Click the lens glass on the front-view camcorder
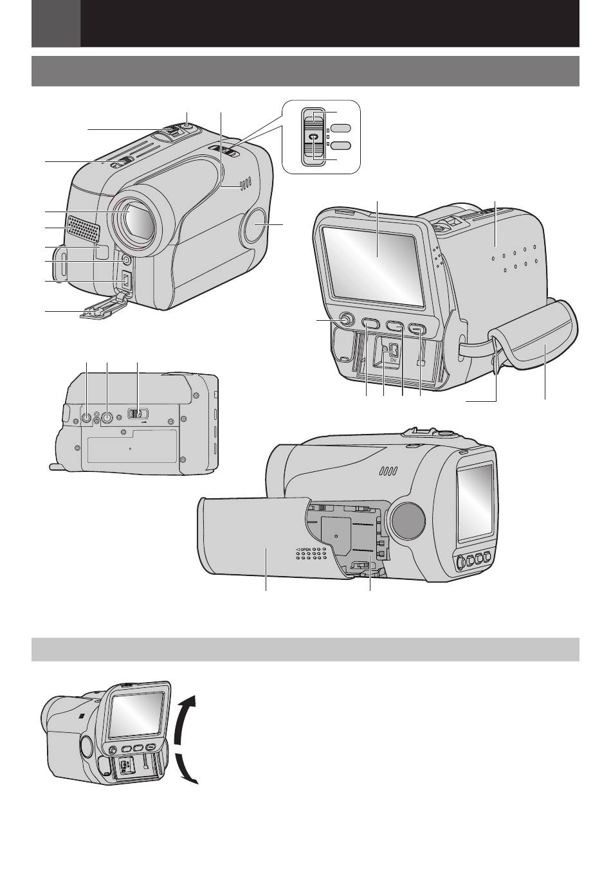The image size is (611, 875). click(x=135, y=223)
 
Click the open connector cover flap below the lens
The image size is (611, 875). click(x=104, y=305)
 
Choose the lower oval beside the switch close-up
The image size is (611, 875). click(x=341, y=146)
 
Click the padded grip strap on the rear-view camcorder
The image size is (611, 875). click(x=536, y=337)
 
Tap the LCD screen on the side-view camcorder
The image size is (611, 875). click(x=476, y=502)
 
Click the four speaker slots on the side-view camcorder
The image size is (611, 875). click(x=388, y=471)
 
